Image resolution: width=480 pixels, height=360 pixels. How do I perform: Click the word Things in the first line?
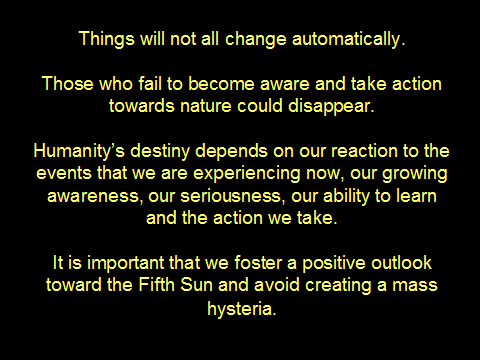pos(107,39)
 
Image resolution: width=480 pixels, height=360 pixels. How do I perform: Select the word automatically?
pos(349,38)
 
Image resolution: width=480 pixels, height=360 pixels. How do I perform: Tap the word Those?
pos(68,83)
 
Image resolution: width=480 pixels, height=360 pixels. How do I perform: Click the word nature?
pos(205,106)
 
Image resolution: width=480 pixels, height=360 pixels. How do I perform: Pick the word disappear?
pos(331,107)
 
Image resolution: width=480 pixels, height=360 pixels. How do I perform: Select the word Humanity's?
pos(79,152)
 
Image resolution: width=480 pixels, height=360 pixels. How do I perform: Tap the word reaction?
pos(364,151)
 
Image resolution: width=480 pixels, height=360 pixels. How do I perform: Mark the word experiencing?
pos(247,174)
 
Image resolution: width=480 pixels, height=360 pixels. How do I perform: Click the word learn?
pos(416,196)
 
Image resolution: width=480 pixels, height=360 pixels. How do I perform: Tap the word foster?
pos(258,263)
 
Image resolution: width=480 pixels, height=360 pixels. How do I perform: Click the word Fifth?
pos(157,285)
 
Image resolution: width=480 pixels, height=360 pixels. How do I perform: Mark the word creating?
pos(338,286)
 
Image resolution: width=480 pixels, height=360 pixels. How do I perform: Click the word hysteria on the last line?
pos(242,309)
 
